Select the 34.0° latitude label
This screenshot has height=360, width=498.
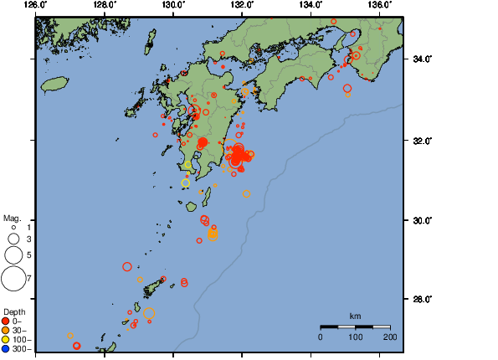(418, 59)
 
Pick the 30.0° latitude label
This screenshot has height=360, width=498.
(418, 220)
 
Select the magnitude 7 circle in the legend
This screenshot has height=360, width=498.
(13, 276)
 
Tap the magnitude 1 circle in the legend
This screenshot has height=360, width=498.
(13, 227)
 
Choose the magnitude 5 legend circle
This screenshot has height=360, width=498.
(13, 254)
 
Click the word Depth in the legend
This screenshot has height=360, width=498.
(14, 311)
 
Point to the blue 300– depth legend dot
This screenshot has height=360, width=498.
(6, 348)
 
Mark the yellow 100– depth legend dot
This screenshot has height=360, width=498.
(6, 339)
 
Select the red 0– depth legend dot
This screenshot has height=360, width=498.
(6, 321)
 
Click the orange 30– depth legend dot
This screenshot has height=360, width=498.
(6, 330)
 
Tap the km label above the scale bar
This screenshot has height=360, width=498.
(355, 316)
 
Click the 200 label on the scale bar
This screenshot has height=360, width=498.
(389, 337)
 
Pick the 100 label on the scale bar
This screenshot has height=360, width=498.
(355, 337)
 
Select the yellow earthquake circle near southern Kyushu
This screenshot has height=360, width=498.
(186, 183)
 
